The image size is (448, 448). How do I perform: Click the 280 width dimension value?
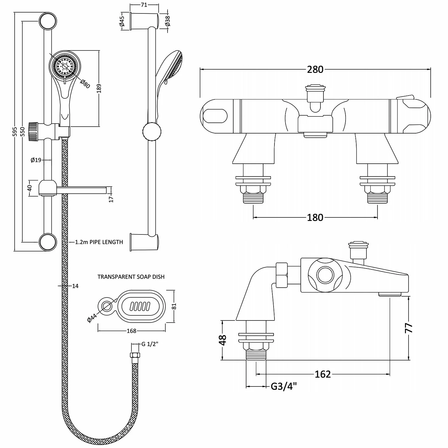click(315, 69)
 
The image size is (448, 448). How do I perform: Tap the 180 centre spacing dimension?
click(315, 217)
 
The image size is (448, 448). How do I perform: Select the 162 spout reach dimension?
click(323, 374)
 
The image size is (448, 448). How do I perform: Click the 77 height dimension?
click(409, 328)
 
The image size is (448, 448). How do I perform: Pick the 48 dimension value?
click(223, 340)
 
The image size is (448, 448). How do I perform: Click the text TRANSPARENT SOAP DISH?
click(131, 277)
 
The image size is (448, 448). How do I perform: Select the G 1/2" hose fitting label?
click(150, 344)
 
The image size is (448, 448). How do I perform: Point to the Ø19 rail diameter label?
click(36, 160)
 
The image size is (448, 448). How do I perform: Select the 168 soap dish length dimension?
click(131, 331)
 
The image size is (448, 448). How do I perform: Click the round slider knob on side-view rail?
click(152, 131)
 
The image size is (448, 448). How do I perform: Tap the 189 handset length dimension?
click(99, 88)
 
